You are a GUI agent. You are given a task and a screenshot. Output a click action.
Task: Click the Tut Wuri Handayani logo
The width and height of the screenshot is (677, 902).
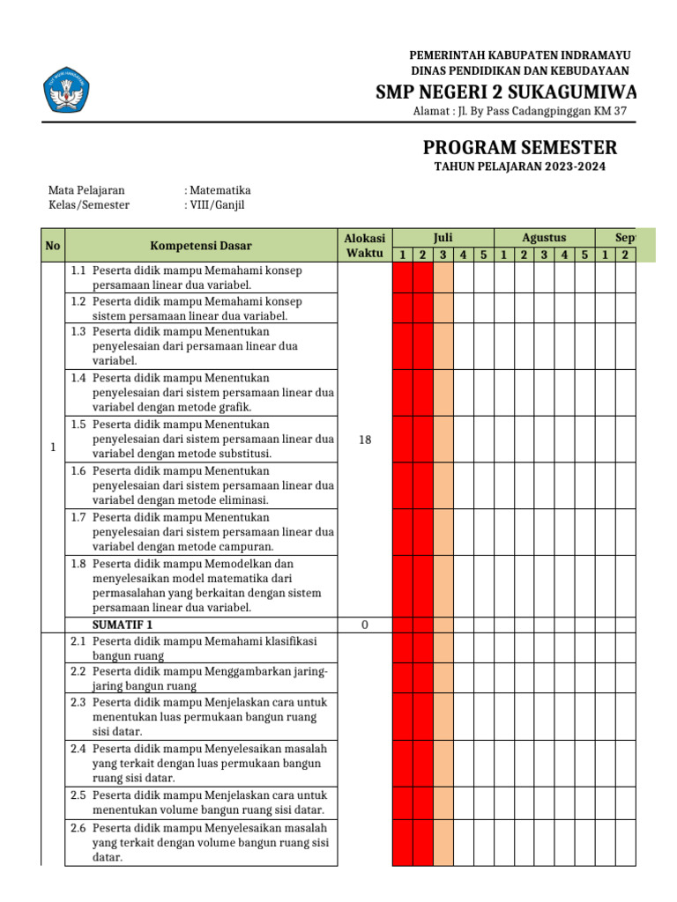click(67, 90)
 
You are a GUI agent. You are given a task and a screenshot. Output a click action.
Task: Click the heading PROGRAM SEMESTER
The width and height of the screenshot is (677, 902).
click(520, 147)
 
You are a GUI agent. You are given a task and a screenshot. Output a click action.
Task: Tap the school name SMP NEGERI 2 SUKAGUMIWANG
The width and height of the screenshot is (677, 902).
click(506, 92)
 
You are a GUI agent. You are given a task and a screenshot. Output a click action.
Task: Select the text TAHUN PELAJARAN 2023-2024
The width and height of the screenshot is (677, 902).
click(520, 167)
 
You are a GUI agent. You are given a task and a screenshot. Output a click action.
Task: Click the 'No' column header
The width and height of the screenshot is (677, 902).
click(53, 246)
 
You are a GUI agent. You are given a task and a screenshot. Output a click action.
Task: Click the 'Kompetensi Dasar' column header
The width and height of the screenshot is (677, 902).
click(201, 246)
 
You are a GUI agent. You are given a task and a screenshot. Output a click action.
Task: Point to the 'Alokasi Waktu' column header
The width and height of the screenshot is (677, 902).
click(365, 246)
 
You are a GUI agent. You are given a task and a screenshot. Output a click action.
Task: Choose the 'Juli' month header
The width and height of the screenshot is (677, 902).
click(443, 238)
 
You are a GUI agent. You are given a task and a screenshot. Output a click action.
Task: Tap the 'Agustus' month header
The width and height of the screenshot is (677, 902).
click(544, 238)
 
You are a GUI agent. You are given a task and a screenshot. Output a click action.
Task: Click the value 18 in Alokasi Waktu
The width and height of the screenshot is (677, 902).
click(365, 440)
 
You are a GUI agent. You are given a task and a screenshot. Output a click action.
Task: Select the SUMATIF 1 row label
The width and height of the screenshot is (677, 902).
click(123, 625)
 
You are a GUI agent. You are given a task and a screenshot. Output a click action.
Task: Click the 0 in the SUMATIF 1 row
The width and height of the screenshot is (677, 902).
click(365, 625)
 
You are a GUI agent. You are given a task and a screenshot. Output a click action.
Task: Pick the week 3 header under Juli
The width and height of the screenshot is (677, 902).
click(443, 255)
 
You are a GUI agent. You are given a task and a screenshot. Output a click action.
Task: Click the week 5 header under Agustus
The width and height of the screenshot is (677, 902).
click(584, 255)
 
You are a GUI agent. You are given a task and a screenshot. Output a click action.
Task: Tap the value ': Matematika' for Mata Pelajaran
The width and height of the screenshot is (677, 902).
click(218, 189)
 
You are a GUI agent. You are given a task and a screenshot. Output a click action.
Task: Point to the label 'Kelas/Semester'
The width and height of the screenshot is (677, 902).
click(88, 204)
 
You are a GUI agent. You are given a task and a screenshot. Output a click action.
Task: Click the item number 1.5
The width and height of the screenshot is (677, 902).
click(78, 424)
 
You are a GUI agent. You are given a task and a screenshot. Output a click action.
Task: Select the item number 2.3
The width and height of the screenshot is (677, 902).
click(78, 702)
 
